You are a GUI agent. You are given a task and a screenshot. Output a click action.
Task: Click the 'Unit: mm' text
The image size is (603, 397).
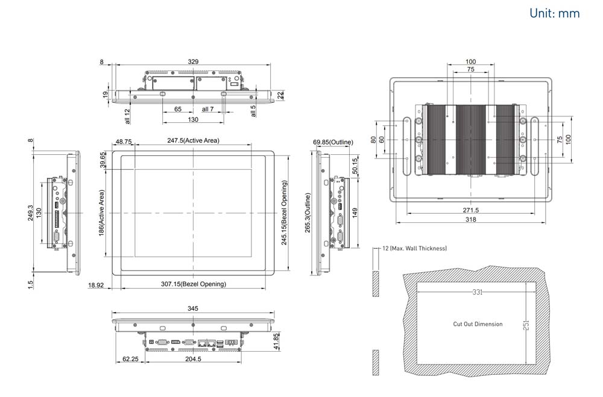(554, 13)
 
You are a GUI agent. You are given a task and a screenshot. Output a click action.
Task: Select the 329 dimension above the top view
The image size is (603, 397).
(194, 61)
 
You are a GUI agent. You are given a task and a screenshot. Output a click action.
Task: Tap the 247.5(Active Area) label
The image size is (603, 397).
(193, 140)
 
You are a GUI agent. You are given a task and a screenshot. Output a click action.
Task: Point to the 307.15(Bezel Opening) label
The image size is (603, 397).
(193, 284)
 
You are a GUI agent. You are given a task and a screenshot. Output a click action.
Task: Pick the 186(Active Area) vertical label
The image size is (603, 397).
(102, 212)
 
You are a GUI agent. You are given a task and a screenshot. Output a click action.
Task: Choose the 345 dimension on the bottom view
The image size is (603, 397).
(193, 308)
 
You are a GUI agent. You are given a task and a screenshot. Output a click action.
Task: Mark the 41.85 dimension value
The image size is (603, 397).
(277, 341)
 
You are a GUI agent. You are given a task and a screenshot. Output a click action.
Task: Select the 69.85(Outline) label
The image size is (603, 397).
(333, 142)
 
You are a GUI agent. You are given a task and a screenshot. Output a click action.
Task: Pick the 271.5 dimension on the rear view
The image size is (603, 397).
(471, 210)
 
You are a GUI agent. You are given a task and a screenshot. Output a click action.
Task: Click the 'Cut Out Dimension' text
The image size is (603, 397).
(478, 324)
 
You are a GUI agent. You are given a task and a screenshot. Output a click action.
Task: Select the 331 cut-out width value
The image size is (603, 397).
(478, 292)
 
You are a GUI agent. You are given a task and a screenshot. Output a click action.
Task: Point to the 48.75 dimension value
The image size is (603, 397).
(124, 141)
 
